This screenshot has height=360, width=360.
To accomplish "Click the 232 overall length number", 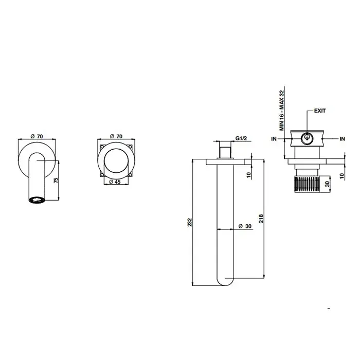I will (x=190, y=222).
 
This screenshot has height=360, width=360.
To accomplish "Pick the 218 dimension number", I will (x=261, y=218).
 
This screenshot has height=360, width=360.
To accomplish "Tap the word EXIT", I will (x=319, y=111).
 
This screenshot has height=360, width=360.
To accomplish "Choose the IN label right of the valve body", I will (x=341, y=138).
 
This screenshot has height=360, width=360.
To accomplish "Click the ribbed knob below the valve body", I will (x=307, y=183).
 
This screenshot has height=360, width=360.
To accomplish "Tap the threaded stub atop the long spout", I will (x=224, y=152).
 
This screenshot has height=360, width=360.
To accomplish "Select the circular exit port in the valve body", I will (x=307, y=137).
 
